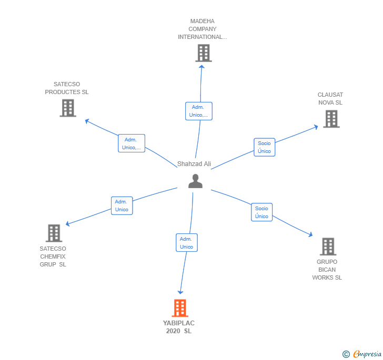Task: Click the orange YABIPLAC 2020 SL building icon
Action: [180, 308]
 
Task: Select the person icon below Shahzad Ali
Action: [195, 181]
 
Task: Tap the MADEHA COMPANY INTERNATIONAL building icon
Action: [203, 53]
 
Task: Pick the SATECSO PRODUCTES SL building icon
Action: [68, 108]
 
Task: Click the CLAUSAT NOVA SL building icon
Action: [331, 119]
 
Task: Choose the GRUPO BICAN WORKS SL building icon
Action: [328, 246]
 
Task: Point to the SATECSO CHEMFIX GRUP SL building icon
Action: [54, 233]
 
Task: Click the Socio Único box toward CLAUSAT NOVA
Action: [264, 147]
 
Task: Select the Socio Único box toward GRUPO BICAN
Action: [261, 212]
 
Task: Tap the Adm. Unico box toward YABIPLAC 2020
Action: [186, 243]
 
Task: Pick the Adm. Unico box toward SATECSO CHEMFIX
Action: [122, 205]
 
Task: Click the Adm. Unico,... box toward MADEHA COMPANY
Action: [198, 111]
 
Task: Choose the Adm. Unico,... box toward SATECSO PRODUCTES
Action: [131, 143]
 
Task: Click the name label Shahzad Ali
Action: [194, 164]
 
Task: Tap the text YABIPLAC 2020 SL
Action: [179, 327]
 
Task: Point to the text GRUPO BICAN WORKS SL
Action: [327, 270]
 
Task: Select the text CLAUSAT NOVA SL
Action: [330, 99]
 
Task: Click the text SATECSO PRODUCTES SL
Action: [67, 88]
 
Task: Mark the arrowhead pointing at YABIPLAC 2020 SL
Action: [180, 292]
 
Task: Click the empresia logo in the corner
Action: [366, 354]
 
